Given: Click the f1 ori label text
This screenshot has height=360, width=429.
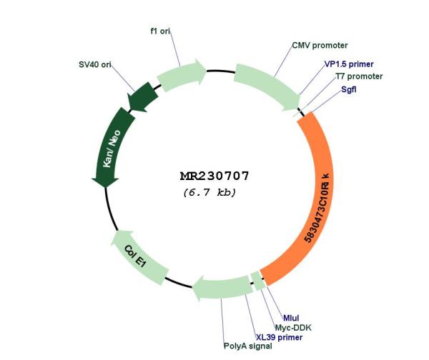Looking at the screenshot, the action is coord(160,31).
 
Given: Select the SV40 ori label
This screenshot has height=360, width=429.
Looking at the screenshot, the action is coord(95,64).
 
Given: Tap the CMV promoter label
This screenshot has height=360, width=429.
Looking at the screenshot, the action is coord(320,46).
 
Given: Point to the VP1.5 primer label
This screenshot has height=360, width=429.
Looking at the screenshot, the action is coord(349,64).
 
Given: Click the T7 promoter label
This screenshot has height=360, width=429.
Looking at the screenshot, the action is coord(359,76).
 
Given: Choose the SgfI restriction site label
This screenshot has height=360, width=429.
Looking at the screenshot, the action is coord(349,89).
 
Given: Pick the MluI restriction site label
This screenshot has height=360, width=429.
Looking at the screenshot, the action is coord(291,318).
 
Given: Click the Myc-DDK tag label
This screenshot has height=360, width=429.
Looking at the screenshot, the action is coord(293,327).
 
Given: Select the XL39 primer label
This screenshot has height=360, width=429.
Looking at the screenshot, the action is coord(279,337).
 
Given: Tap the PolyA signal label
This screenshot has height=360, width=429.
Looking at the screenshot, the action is coord(248,346).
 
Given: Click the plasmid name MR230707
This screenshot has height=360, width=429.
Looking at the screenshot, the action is coord(214,176).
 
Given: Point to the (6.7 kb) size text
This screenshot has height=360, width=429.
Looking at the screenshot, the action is coord(209,192).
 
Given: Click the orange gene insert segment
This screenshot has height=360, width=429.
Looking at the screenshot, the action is coord(317,197).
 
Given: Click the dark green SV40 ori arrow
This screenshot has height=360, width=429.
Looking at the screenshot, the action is coord(143,98).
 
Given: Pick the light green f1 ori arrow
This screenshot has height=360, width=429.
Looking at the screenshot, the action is coord(182,74).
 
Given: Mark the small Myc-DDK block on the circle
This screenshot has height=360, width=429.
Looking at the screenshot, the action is coord(258,281).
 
